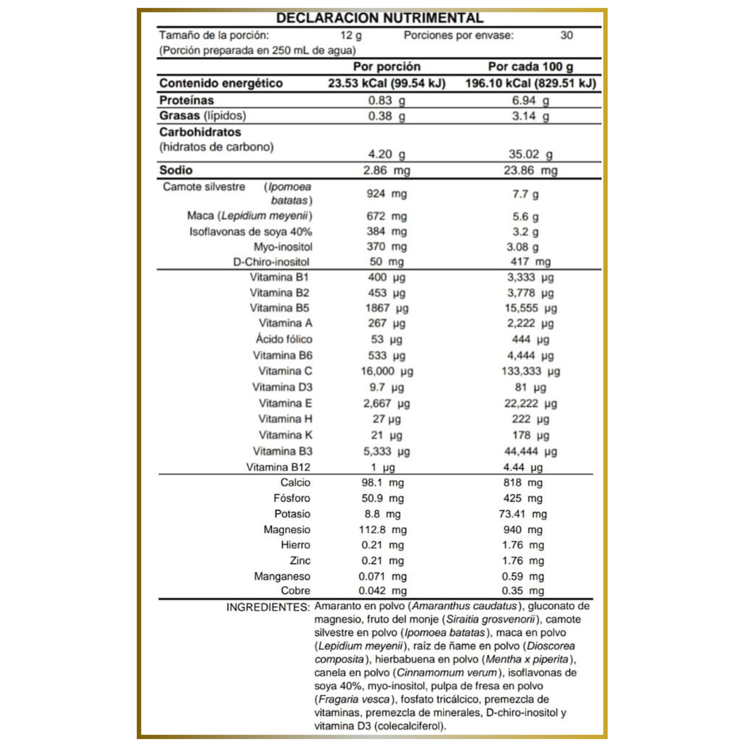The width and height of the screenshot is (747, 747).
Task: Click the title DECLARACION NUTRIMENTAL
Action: [380, 18]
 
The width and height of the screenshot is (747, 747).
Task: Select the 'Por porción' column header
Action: [387, 66]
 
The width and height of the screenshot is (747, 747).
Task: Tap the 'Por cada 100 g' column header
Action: [530, 66]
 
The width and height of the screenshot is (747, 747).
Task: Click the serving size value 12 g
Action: [351, 36]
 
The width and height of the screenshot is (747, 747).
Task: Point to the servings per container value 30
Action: [567, 36]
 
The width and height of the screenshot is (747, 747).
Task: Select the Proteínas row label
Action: [186, 100]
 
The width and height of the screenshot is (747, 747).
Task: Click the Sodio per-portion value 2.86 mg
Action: [386, 170]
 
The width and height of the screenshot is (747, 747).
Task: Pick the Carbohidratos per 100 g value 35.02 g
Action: [530, 154]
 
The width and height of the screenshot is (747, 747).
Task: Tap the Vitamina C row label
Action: [285, 371]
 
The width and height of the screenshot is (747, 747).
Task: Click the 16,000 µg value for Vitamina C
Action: [387, 371]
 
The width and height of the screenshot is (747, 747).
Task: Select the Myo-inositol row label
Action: [283, 247]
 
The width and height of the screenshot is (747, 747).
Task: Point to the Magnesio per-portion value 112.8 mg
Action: [382, 530]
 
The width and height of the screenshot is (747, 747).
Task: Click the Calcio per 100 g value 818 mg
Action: [523, 483]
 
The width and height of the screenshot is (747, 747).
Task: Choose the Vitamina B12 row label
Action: [278, 467]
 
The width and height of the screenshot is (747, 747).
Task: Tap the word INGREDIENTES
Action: [268, 607]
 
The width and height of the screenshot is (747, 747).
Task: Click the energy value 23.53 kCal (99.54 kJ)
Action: [387, 84]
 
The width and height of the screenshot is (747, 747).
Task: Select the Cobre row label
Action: [296, 591]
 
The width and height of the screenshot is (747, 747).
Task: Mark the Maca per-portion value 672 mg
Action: [386, 216]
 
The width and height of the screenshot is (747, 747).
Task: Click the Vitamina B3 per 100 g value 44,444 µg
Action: [530, 451]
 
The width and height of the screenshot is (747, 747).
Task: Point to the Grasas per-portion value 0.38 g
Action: [386, 116]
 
